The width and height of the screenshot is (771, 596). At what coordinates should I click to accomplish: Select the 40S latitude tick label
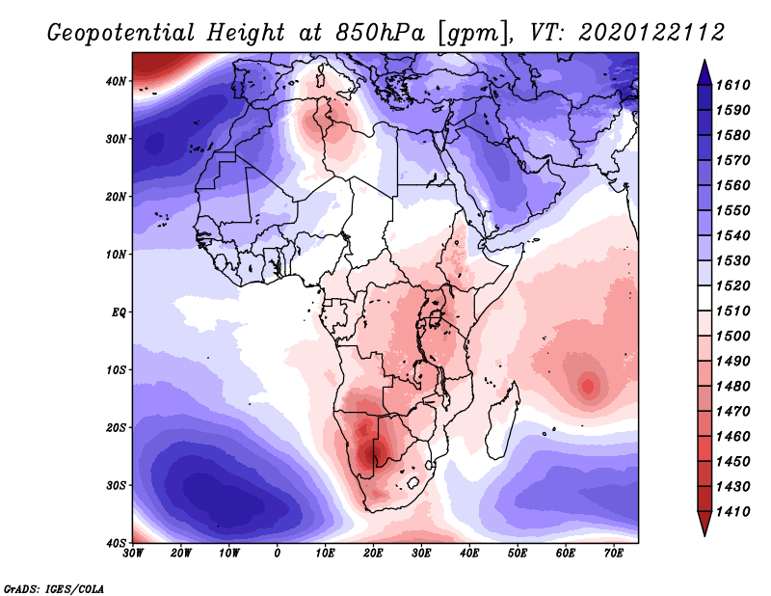116,543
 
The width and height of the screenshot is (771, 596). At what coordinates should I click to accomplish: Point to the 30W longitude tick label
133,554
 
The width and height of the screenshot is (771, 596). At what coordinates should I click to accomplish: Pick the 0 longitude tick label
278,554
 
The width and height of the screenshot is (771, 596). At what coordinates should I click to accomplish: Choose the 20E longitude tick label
373,554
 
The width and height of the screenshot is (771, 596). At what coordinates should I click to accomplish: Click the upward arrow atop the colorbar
704,71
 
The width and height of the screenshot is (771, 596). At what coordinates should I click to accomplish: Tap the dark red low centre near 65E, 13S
587,387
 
